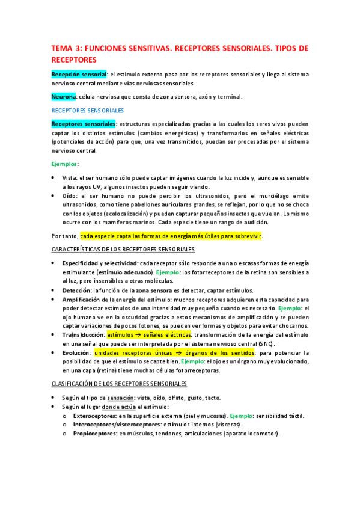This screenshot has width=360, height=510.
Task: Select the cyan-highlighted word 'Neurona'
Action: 63,97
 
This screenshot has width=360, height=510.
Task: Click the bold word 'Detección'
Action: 77,290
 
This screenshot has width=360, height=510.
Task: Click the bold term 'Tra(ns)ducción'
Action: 82,334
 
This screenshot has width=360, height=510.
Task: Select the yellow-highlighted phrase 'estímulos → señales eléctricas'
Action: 150,334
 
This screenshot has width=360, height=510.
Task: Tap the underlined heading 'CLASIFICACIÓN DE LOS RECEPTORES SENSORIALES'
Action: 119,383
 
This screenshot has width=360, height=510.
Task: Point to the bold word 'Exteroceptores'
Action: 94,416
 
